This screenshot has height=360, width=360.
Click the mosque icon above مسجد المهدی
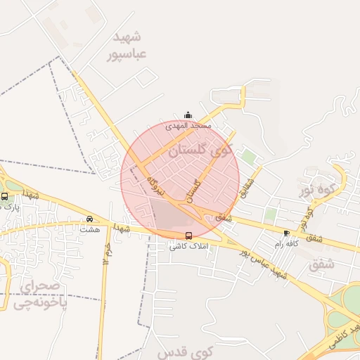(187, 115)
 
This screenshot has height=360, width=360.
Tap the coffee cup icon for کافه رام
(286, 233)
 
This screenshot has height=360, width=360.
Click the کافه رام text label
(288, 243)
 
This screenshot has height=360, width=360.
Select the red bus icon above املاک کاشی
(188, 236)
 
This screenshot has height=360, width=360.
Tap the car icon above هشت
(89, 218)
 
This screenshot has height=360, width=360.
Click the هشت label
(89, 229)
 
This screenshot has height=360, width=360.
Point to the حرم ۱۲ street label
(107, 252)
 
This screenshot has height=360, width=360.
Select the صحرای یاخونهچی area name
(41, 295)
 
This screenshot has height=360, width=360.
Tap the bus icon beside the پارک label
(4, 196)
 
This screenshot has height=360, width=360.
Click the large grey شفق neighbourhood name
(322, 265)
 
